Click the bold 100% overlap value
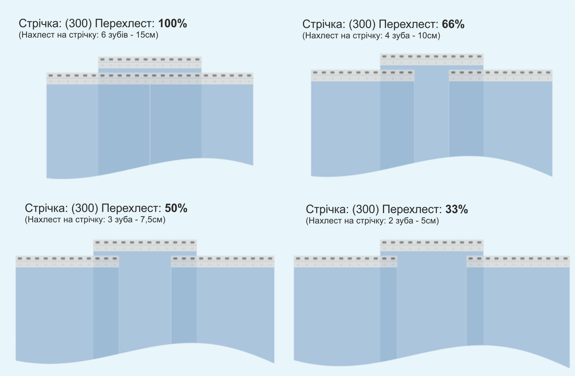pyautogui.click(x=172, y=24)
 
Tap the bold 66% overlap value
pyautogui.click(x=453, y=25)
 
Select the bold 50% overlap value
pyautogui.click(x=176, y=209)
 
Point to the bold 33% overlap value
pyautogui.click(x=457, y=209)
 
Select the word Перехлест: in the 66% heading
pyautogui.click(x=408, y=25)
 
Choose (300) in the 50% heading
pyautogui.click(x=85, y=209)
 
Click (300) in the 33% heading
pyautogui.click(x=366, y=209)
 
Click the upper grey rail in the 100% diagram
pyautogui.click(x=150, y=62)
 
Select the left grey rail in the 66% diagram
pyautogui.click(x=363, y=76)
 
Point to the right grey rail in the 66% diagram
pyautogui.click(x=501, y=76)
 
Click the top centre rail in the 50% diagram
pyautogui.click(x=145, y=245)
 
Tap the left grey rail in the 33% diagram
pyautogui.click(x=345, y=261)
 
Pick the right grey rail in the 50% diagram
pyautogui.click(x=223, y=261)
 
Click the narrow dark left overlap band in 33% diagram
pyautogui.click(x=389, y=312)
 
